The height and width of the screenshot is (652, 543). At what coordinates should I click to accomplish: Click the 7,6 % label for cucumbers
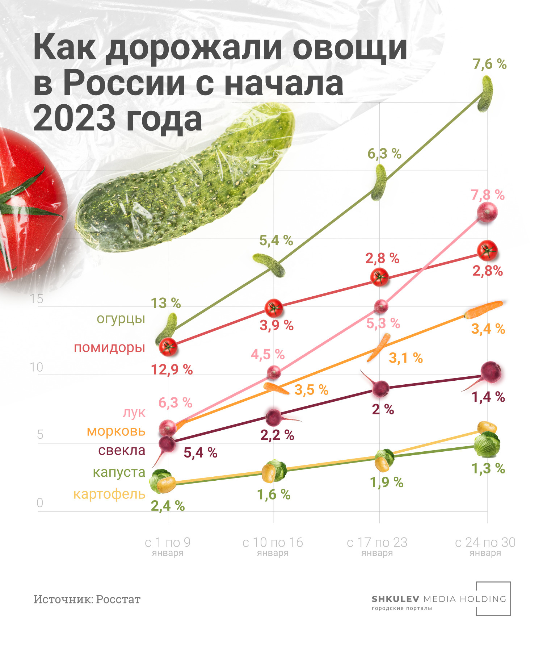489,64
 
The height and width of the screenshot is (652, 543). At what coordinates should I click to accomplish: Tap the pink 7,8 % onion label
487,195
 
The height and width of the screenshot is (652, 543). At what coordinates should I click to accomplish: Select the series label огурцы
121,319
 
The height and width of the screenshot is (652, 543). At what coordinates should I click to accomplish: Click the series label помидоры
109,348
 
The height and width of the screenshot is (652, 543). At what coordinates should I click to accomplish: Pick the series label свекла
122,450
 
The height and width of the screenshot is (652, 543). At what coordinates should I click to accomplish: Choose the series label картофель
109,494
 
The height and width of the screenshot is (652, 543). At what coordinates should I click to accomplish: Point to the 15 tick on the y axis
37,299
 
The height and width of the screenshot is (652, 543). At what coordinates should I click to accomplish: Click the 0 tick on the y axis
40,503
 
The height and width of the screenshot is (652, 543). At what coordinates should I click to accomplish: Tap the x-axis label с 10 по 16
273,543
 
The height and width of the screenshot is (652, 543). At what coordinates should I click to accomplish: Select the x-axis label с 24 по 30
485,543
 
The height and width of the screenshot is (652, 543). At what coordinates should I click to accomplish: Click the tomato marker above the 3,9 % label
274,308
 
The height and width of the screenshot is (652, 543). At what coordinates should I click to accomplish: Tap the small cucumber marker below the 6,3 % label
379,182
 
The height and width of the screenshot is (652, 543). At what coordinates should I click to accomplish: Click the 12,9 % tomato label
172,370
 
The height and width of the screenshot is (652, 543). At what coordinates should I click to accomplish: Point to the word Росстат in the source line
118,599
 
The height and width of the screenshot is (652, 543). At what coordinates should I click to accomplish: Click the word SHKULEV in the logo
395,599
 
